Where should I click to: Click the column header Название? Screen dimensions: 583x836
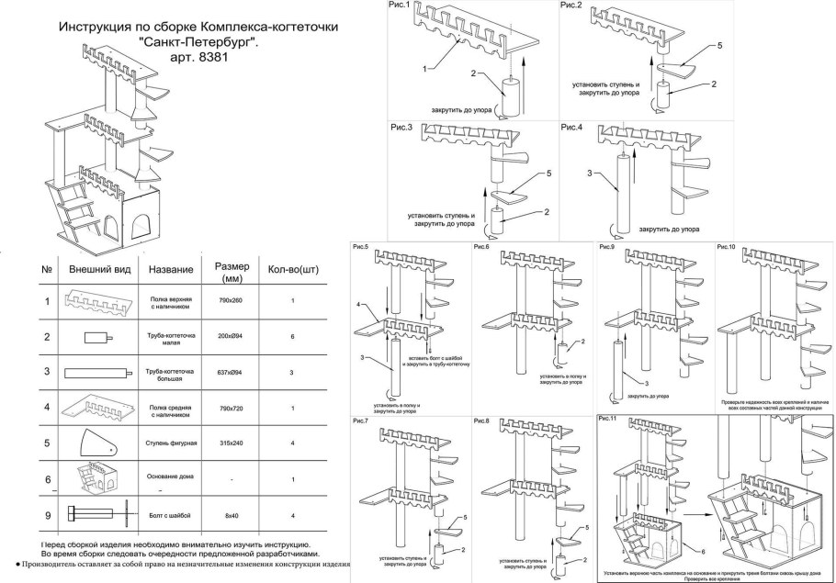pyautogui.click(x=171, y=269)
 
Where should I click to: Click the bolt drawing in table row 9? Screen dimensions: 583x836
pyautogui.click(x=96, y=515)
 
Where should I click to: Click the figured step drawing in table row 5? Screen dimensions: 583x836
pyautogui.click(x=95, y=443)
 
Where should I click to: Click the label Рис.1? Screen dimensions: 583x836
pyautogui.click(x=399, y=7)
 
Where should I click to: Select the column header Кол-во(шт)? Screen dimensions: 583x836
pyautogui.click(x=292, y=270)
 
